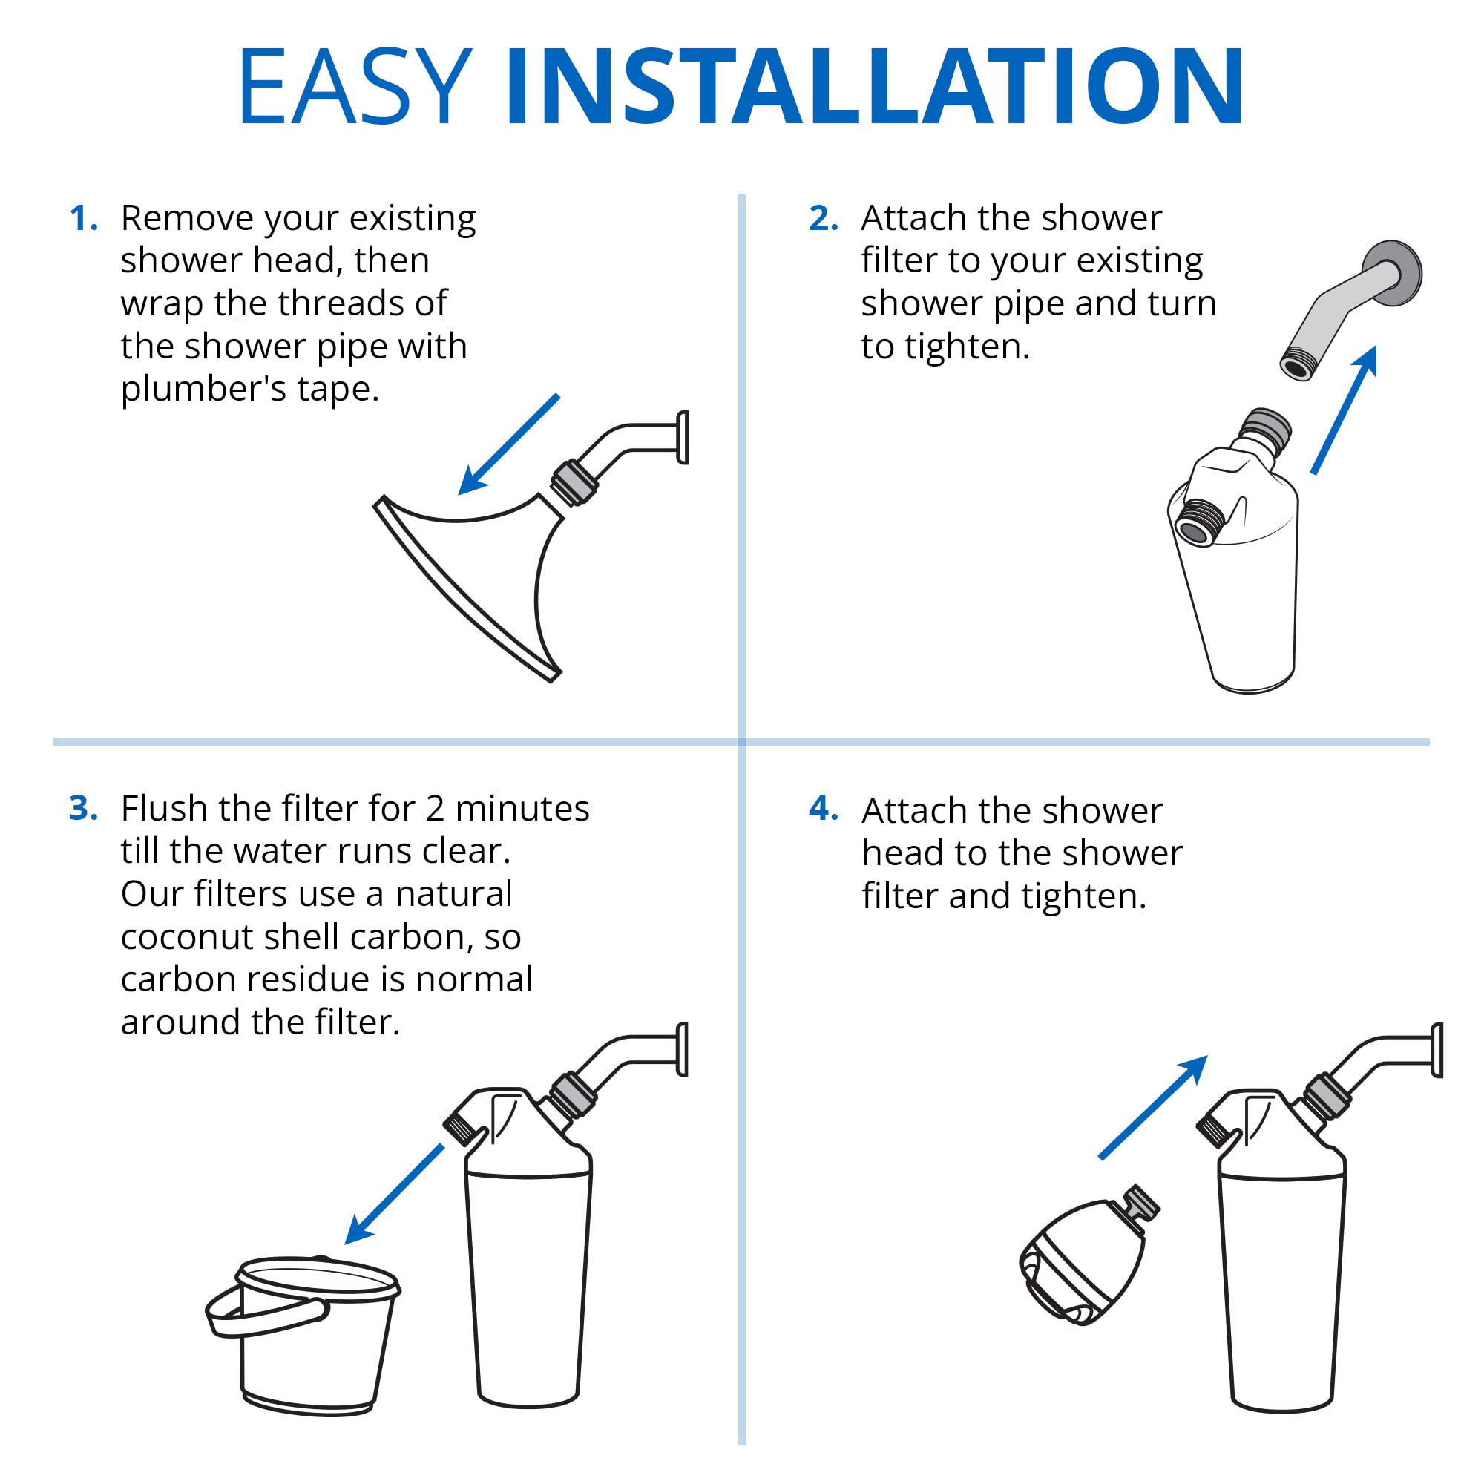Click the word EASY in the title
[x=355, y=86]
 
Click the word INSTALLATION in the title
[x=874, y=86]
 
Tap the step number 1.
[x=82, y=219]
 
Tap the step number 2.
[x=823, y=219]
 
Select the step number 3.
[x=82, y=808]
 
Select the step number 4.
[x=823, y=808]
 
